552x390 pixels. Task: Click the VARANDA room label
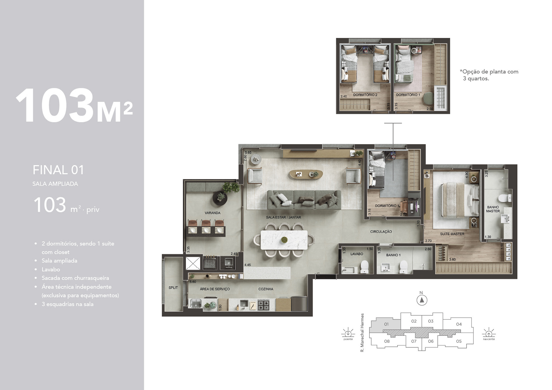coord(212,213)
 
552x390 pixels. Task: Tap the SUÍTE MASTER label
coord(452,234)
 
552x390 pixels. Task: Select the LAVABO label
coord(356,254)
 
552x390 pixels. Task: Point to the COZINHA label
coord(266,289)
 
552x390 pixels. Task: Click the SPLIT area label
coord(173,288)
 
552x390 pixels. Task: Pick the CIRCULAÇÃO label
coord(381,231)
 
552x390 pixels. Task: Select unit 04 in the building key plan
coord(459,324)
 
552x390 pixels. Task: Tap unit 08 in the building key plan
coord(387,341)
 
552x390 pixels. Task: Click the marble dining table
coord(284,240)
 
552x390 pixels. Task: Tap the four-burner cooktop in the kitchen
coord(263,305)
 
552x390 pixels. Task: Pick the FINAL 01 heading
coord(58,170)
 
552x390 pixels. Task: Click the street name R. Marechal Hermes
coord(362,333)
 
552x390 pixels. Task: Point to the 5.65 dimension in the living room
coord(248,153)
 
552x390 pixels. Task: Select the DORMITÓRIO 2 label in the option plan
coord(365,95)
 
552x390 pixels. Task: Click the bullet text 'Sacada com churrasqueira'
coord(75,278)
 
